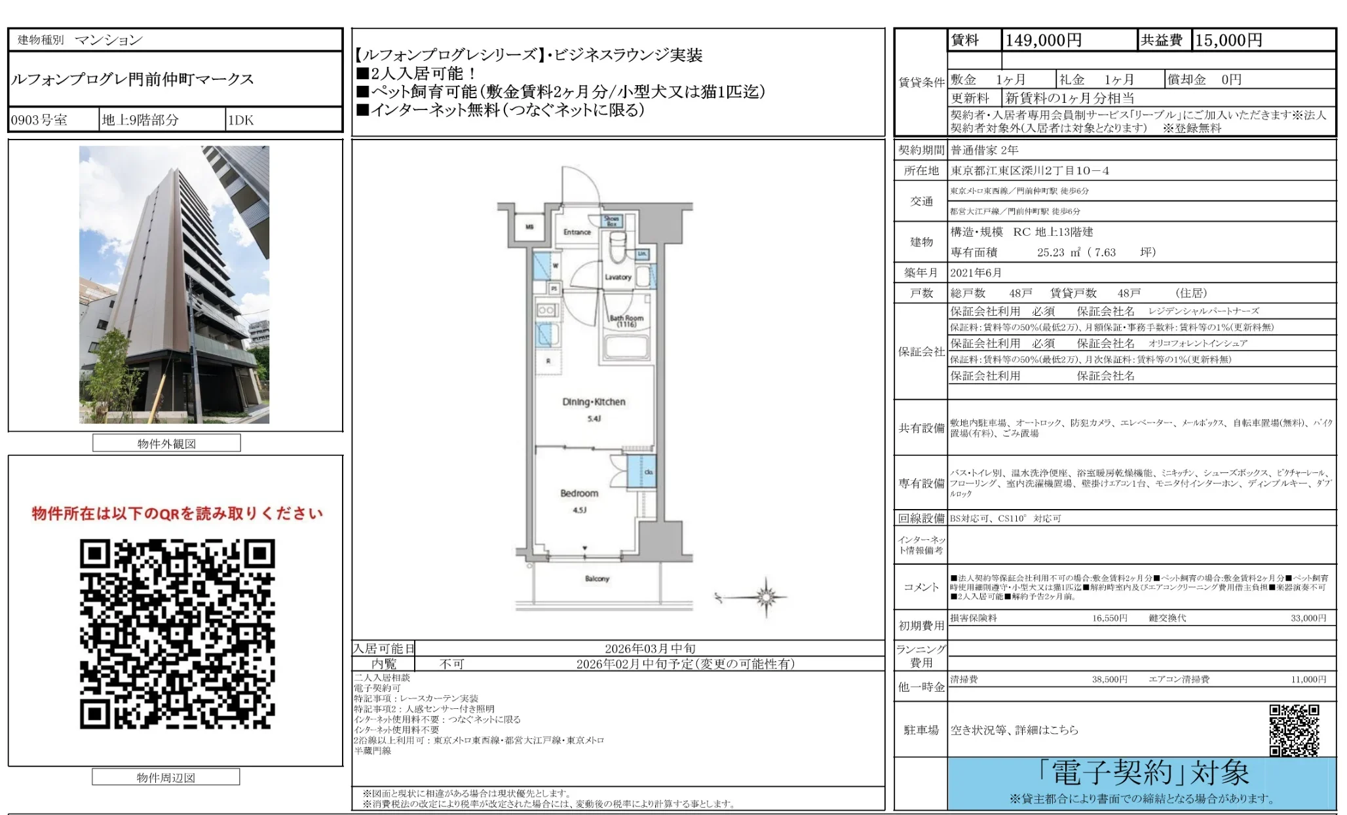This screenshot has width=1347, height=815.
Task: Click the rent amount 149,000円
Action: tap(1043, 41)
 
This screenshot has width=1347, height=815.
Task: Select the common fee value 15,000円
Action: tap(1228, 41)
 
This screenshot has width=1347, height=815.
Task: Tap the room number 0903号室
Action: tap(39, 120)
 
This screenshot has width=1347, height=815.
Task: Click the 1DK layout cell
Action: tap(240, 120)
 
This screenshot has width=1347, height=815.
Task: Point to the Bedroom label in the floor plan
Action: tap(579, 493)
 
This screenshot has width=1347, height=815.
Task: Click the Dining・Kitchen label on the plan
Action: tap(594, 402)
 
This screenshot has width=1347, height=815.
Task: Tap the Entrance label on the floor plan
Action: tap(577, 232)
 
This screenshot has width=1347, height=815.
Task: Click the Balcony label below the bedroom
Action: tap(597, 578)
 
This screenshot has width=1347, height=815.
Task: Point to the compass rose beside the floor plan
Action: tap(765, 597)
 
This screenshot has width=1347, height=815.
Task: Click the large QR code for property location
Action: tap(177, 634)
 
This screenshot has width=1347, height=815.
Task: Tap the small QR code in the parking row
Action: tap(1294, 730)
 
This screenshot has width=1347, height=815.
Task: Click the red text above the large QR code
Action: tap(177, 514)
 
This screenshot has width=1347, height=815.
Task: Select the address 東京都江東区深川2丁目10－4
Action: tap(1030, 171)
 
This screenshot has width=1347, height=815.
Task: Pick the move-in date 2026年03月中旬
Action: tap(650, 649)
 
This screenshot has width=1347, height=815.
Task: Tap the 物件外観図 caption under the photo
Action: tap(166, 444)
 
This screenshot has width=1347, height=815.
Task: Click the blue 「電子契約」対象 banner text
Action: tap(1143, 774)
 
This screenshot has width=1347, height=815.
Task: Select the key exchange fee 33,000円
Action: tap(1308, 618)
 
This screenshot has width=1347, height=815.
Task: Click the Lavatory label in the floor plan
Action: tap(617, 277)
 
